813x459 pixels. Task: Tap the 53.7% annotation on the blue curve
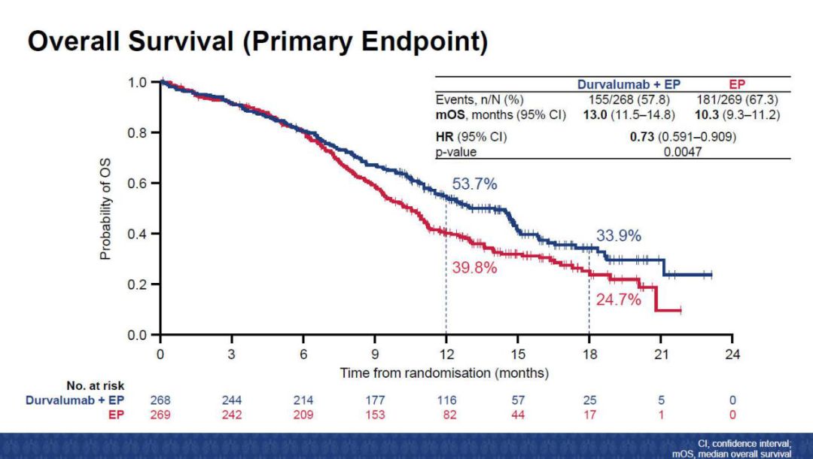click(474, 184)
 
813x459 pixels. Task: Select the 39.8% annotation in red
click(474, 267)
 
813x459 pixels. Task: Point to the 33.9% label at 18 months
click(619, 236)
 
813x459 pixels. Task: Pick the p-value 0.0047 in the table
click(684, 152)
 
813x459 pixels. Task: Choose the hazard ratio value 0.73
click(641, 138)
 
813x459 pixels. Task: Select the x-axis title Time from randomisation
click(444, 372)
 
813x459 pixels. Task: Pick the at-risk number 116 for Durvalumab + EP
click(446, 400)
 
